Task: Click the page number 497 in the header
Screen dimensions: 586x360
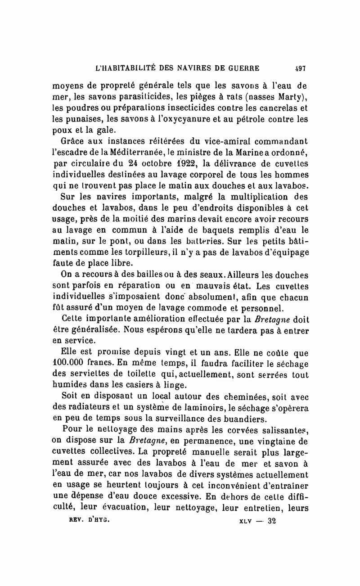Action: (x=300, y=69)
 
